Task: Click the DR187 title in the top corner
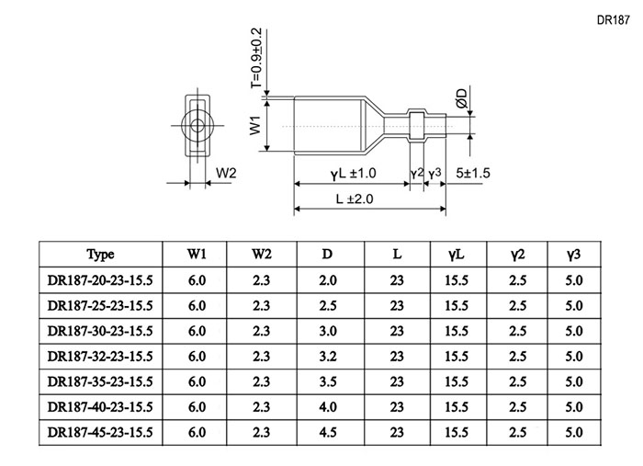[613, 20]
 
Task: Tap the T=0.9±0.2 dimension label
[256, 58]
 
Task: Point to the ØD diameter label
[461, 98]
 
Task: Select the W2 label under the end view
[226, 173]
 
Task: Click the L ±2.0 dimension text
[355, 199]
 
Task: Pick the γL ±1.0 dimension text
[354, 173]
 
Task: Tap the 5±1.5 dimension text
[473, 173]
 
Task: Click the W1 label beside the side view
[255, 125]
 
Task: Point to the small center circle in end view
[197, 125]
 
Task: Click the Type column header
[100, 255]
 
